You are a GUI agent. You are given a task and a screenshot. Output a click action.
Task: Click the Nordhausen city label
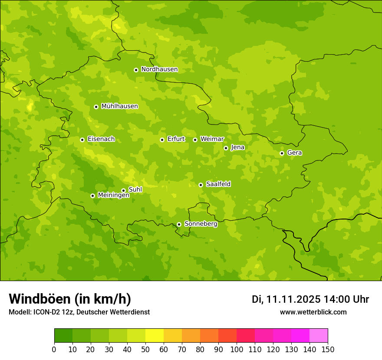[159, 69]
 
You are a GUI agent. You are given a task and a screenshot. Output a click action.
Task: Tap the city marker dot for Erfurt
[162, 140]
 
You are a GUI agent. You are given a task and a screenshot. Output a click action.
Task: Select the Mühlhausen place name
[119, 106]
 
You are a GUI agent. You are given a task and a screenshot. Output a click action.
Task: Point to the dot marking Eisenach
[82, 140]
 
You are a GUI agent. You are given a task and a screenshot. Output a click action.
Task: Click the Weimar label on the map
[212, 139]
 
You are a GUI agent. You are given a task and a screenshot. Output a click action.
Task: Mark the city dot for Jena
[226, 148]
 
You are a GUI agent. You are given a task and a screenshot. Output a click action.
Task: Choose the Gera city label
[294, 153]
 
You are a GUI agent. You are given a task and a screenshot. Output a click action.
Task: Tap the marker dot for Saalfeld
[201, 185]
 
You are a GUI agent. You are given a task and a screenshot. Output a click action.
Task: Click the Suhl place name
[135, 190]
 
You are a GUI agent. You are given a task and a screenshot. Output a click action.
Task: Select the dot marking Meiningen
[92, 196]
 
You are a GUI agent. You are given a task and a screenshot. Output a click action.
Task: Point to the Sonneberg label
[201, 224]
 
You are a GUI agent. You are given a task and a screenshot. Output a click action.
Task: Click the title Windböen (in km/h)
[70, 299]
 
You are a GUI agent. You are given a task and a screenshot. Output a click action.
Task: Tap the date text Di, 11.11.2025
[286, 299]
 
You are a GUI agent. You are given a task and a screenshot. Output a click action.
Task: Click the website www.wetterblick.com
[313, 312]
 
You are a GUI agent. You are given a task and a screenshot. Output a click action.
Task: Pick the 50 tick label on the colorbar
[145, 350]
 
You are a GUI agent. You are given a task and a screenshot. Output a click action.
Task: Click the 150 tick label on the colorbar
[328, 350]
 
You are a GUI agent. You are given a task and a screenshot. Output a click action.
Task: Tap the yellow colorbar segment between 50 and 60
[155, 336]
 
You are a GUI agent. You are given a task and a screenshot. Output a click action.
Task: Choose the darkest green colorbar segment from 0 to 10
[63, 336]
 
